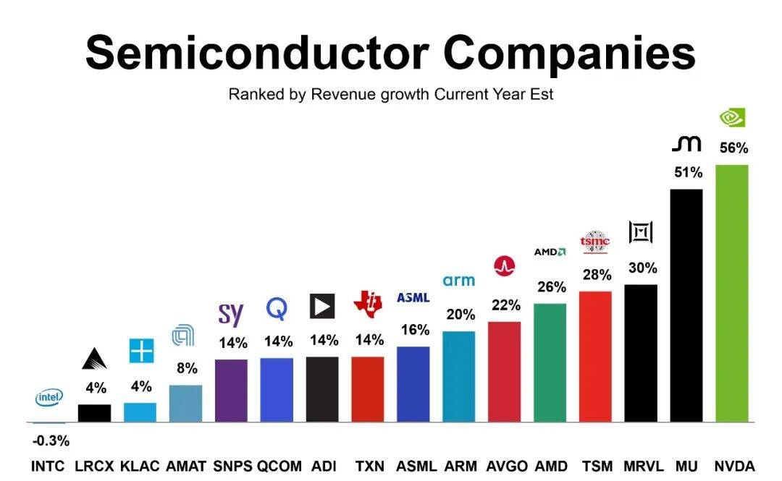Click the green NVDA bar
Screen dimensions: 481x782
(731, 293)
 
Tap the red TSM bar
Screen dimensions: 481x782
(596, 357)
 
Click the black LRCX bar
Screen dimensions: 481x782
(94, 413)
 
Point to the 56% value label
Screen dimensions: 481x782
(733, 148)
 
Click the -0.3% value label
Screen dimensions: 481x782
(51, 440)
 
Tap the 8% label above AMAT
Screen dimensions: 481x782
(187, 368)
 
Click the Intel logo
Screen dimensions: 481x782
(49, 398)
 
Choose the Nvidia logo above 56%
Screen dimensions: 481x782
(732, 118)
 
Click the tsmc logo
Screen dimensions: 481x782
(595, 242)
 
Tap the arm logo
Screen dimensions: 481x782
(459, 280)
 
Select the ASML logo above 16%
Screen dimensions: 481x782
(413, 297)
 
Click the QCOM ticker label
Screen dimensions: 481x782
(279, 466)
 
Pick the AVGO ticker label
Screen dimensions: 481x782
(506, 466)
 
